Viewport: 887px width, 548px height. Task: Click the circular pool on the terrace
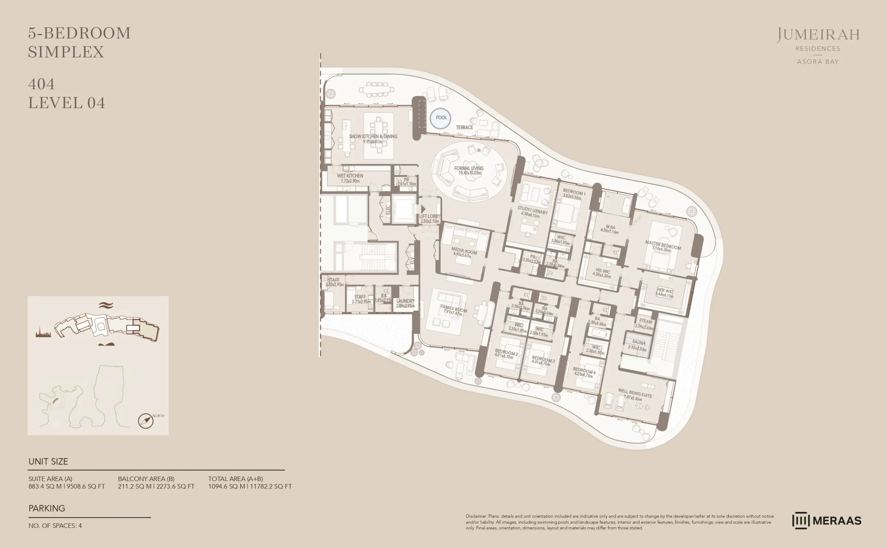[x=440, y=118]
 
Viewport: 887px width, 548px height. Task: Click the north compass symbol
[x=146, y=421]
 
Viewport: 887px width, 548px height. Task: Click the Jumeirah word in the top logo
[x=818, y=35]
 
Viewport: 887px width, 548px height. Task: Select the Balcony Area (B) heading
[x=146, y=478]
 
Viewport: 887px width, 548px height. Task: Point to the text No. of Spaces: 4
[x=55, y=525]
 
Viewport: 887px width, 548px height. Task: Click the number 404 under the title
[x=41, y=84]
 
